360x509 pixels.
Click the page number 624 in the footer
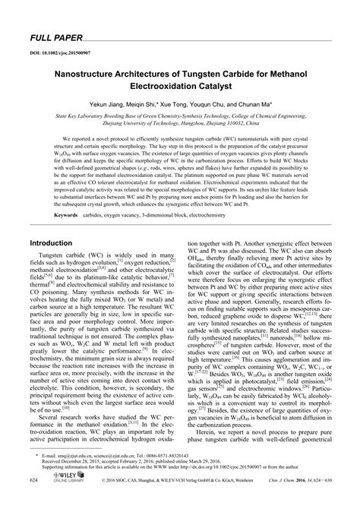pyautogui.click(x=34, y=502)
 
